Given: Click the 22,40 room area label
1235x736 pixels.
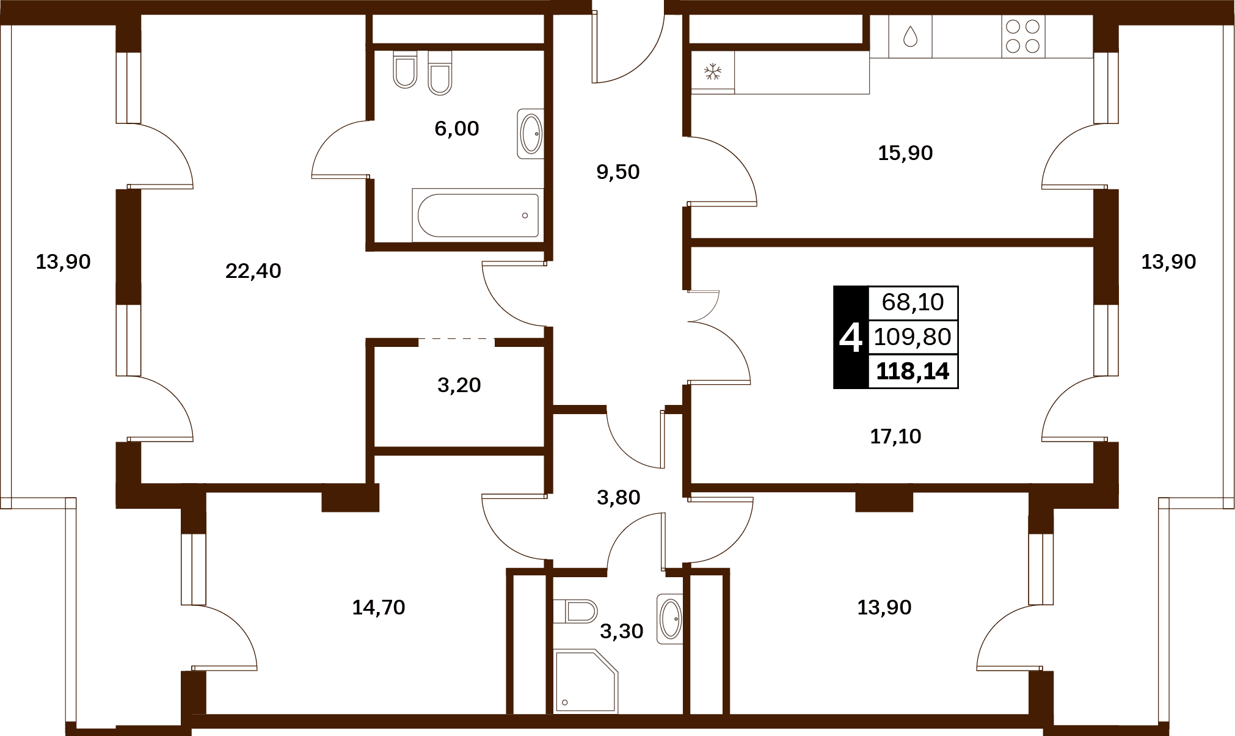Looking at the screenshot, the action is pyautogui.click(x=253, y=271).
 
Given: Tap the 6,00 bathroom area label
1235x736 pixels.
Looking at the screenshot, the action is pyautogui.click(x=456, y=128).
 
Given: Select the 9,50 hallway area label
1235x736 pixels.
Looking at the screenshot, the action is pyautogui.click(x=617, y=172).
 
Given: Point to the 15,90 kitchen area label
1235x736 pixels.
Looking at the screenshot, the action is pyautogui.click(x=905, y=153).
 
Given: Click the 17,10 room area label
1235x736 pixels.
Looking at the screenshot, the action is pyautogui.click(x=895, y=436).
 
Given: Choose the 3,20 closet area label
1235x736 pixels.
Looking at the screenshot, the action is pyautogui.click(x=459, y=385).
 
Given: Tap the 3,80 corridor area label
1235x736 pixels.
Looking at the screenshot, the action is pyautogui.click(x=618, y=497).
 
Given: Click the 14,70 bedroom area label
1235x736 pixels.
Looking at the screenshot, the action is pyautogui.click(x=379, y=607).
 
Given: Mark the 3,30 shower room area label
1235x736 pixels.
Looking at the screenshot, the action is pyautogui.click(x=621, y=631).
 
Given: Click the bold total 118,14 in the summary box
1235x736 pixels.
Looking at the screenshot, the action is pyautogui.click(x=913, y=371).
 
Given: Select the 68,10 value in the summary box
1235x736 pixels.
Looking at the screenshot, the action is pyautogui.click(x=913, y=302).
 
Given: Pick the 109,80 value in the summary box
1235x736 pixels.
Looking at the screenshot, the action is pyautogui.click(x=913, y=337).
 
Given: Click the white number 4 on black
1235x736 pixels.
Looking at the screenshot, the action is pyautogui.click(x=850, y=338).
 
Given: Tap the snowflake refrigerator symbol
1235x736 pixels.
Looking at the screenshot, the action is pyautogui.click(x=713, y=71).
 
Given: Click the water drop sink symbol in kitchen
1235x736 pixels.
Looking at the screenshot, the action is pyautogui.click(x=910, y=36).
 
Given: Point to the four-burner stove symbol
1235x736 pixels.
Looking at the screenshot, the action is pyautogui.click(x=1023, y=36).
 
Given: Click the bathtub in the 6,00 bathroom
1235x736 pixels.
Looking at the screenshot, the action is pyautogui.click(x=478, y=215).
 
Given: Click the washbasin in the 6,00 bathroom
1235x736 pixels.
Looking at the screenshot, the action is pyautogui.click(x=530, y=134).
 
